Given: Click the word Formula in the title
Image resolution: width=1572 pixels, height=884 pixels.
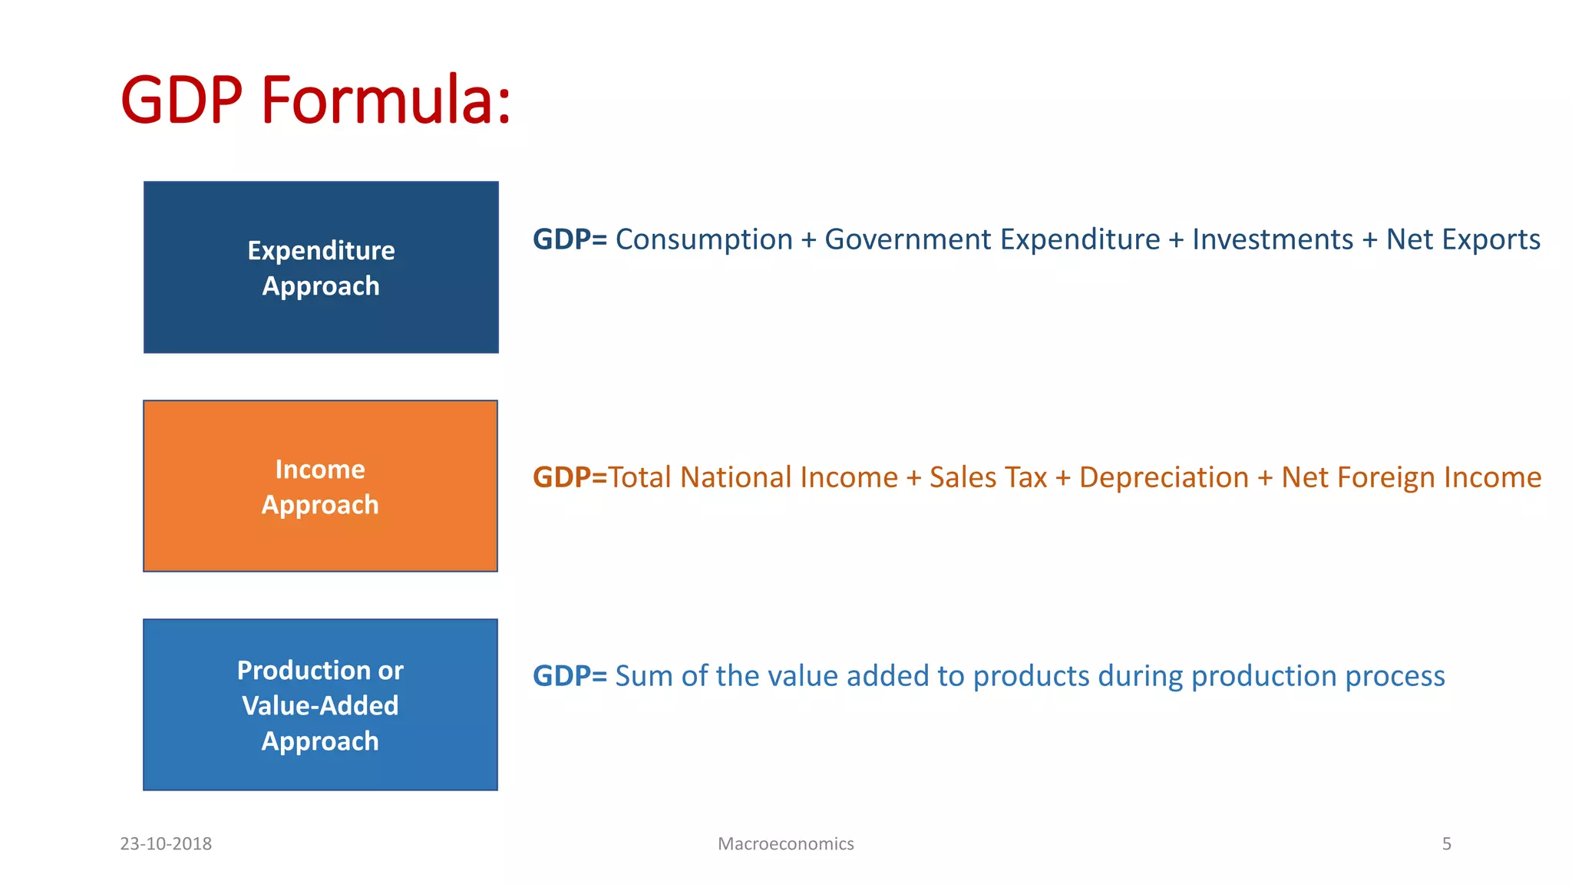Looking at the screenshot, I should point(385,100).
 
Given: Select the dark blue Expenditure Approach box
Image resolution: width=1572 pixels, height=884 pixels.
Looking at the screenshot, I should point(321,267).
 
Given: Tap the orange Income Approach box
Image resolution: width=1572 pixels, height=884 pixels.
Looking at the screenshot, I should point(320,486).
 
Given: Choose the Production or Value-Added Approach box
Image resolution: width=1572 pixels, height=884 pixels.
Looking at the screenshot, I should point(320,704).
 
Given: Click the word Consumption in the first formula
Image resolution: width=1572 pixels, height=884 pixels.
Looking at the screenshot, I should point(704,239).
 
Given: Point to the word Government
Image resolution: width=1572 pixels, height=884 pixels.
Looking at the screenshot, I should point(908,239).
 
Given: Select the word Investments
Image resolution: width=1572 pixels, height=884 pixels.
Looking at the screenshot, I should point(1273,239).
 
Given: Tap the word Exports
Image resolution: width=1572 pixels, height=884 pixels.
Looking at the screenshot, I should point(1491,239).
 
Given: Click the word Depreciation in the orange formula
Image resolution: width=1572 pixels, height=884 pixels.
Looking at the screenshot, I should point(1164,477).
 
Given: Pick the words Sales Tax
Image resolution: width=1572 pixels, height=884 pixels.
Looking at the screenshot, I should point(988,477).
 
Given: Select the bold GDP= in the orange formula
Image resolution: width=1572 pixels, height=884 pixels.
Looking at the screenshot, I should point(570,477).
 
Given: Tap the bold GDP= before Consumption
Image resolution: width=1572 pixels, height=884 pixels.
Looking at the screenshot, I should point(570,239).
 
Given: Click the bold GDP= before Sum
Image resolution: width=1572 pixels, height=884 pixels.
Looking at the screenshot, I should point(570,676).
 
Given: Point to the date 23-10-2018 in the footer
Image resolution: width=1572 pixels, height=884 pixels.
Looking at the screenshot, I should point(166,844).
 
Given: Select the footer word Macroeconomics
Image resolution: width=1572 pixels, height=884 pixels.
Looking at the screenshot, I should point(785,844).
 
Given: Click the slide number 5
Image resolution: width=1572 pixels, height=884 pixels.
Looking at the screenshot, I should point(1446,844).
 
